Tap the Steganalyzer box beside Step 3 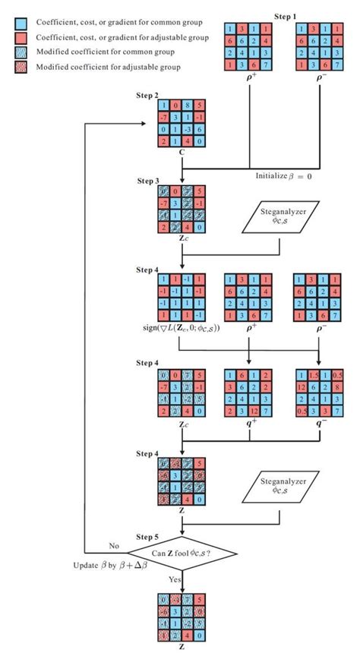[279, 223]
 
